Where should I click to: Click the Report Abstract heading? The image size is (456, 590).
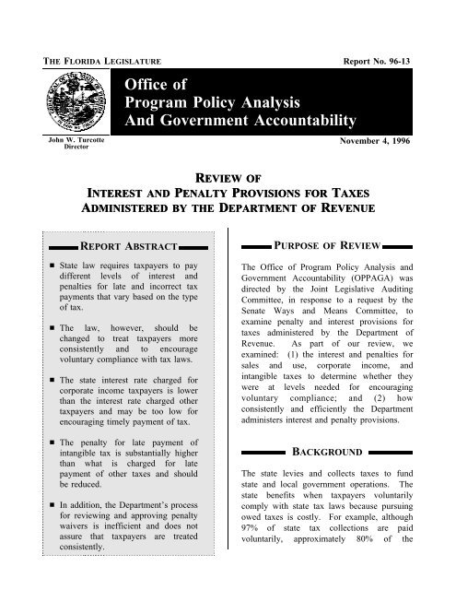125,248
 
